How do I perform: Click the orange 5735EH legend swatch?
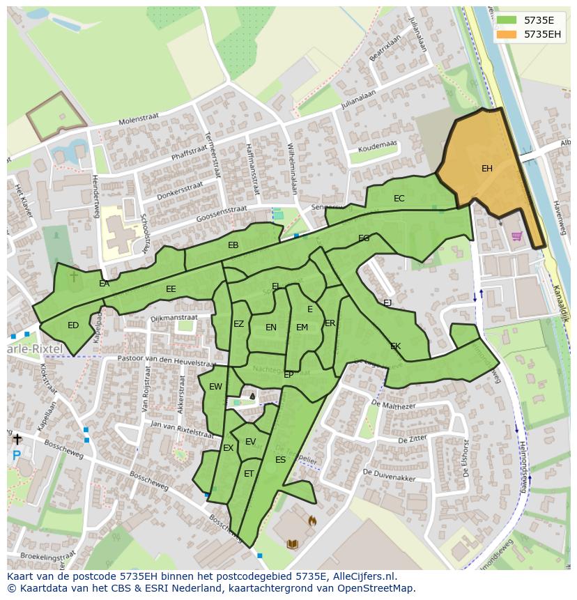(507, 34)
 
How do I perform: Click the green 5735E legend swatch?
(507, 20)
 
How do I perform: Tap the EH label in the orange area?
(487, 169)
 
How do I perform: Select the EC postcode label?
(399, 199)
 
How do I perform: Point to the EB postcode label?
(233, 245)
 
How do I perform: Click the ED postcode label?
(73, 325)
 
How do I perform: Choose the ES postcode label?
(280, 460)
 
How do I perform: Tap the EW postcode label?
(215, 387)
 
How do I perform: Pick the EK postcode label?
(395, 346)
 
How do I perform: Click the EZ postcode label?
(239, 324)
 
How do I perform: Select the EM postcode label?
(302, 328)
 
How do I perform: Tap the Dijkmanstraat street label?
(174, 318)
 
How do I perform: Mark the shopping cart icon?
(516, 236)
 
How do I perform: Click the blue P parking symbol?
(16, 456)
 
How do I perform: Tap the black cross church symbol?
(17, 439)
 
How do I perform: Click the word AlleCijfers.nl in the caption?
(365, 577)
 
